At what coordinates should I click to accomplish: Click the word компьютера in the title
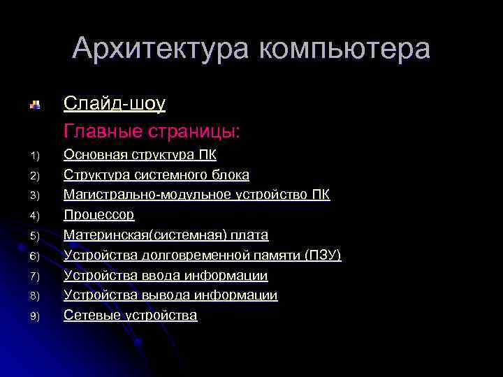point(345,49)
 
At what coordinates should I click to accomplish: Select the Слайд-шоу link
point(115,104)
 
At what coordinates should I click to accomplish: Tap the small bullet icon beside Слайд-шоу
point(34,105)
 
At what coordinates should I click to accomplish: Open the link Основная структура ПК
point(140,154)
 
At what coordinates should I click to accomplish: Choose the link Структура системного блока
point(156,175)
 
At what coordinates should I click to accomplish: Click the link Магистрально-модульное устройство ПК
point(197,194)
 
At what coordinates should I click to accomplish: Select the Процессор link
point(99,214)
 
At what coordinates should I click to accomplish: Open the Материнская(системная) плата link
point(166,235)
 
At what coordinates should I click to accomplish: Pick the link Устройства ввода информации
point(166,275)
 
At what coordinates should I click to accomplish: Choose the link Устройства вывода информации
point(170,295)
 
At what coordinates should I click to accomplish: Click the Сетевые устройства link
point(130,316)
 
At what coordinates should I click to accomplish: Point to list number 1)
point(37,155)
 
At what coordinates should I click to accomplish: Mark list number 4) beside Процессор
point(37,215)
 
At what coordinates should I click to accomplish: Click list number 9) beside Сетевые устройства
point(37,316)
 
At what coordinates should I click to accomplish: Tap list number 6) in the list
point(37,256)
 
